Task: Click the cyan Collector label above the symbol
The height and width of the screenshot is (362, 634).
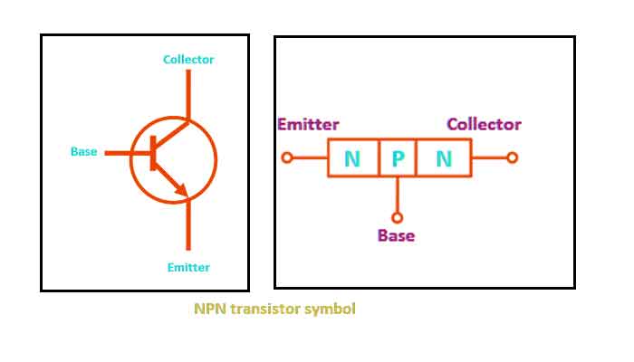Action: click(188, 60)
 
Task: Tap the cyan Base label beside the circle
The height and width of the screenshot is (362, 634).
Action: click(83, 151)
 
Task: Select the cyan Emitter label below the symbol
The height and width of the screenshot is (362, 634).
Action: click(188, 267)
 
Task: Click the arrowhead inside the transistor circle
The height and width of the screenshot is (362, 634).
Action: click(181, 190)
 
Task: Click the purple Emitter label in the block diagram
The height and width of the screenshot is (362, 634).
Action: click(309, 125)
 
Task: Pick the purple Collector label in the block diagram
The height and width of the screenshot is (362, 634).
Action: click(484, 125)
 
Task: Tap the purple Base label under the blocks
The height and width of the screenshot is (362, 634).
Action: click(396, 235)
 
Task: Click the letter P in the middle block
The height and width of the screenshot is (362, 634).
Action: click(398, 159)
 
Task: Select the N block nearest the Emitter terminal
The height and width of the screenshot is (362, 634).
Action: click(352, 159)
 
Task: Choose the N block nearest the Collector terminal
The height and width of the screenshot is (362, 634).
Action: click(444, 159)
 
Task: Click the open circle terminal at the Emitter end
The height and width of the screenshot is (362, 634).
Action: click(287, 157)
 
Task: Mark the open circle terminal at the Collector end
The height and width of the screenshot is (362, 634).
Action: click(512, 157)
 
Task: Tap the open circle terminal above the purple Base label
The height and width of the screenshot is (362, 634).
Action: click(397, 217)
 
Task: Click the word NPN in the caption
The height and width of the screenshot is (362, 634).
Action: click(210, 309)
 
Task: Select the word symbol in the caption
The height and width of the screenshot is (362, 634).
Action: click(330, 309)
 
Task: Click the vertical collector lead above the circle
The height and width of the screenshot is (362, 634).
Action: click(188, 92)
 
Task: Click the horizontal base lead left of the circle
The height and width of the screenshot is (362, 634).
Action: click(117, 153)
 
